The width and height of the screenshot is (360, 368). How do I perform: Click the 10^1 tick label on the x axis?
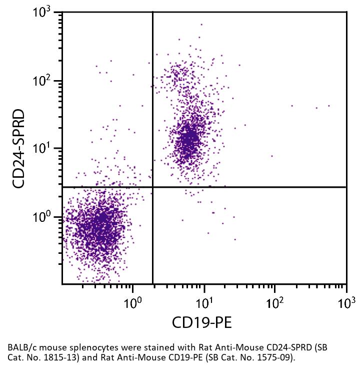203,303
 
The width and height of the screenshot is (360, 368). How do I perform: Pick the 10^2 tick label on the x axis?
274,303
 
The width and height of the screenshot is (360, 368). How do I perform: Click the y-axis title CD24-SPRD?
19,149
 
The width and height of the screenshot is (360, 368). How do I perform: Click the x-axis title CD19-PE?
202,322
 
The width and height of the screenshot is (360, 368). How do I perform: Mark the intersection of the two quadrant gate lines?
152,187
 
